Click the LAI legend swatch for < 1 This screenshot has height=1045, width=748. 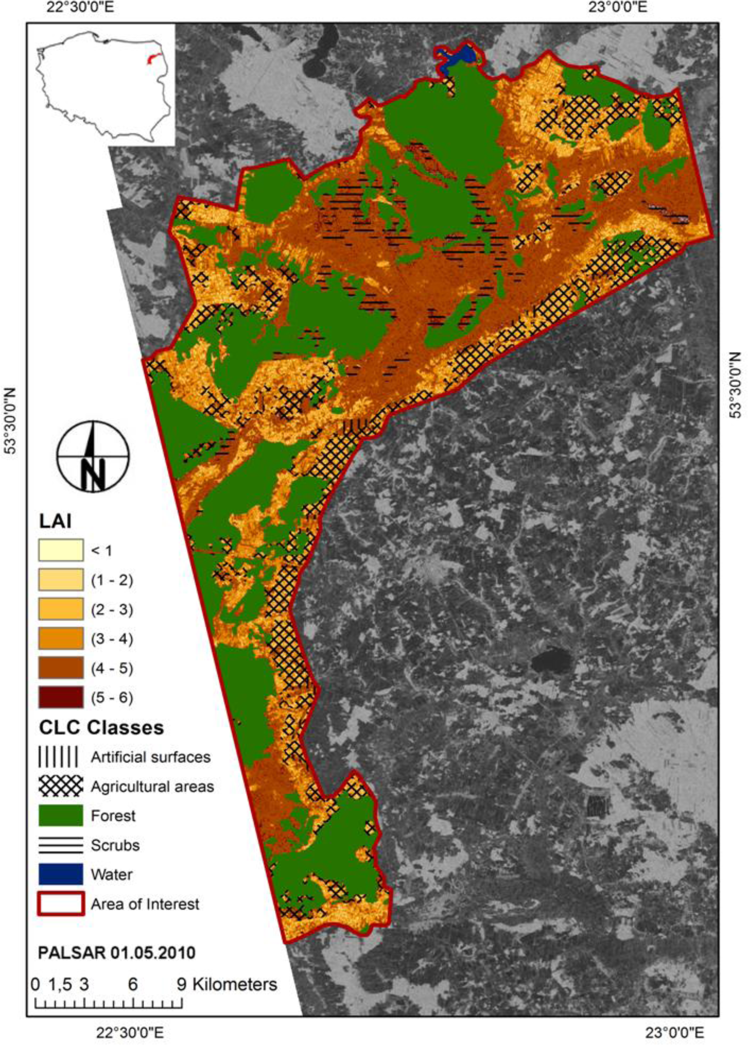tap(61, 550)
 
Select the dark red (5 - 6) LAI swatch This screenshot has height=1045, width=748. tap(61, 697)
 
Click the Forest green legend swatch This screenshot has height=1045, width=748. tap(61, 816)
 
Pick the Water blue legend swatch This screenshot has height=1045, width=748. tap(61, 874)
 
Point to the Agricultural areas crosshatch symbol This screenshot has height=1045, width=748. tap(61, 786)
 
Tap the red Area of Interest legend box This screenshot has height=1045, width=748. tap(61, 904)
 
